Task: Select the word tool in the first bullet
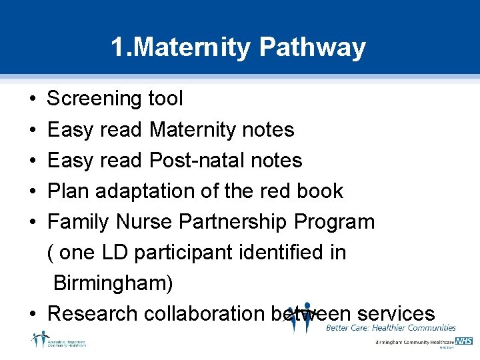(x=165, y=99)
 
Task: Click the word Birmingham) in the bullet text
(x=113, y=283)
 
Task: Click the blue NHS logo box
(x=464, y=341)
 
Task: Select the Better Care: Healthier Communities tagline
(x=391, y=328)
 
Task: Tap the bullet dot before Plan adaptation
(x=33, y=191)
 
